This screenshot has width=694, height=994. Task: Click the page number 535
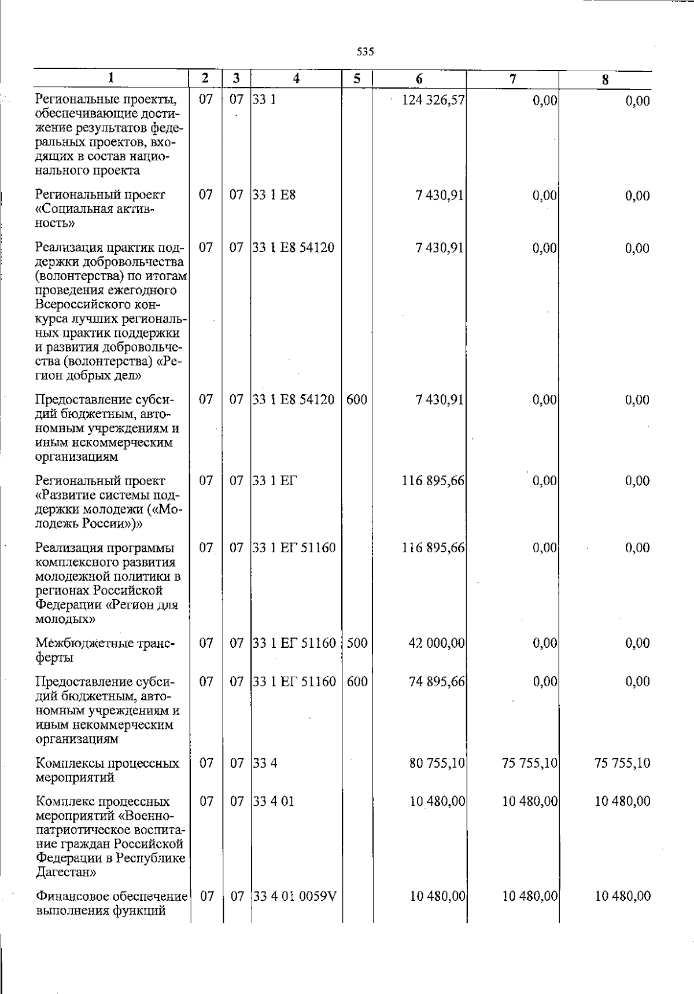click(x=365, y=52)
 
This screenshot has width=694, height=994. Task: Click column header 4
click(x=296, y=79)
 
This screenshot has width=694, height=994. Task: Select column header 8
click(x=605, y=80)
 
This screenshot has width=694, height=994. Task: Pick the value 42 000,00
click(x=437, y=643)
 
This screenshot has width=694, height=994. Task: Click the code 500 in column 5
click(x=357, y=643)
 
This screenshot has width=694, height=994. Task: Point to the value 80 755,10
click(x=437, y=763)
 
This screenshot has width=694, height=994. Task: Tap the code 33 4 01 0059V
click(x=295, y=897)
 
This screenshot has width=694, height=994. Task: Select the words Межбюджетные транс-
click(x=104, y=643)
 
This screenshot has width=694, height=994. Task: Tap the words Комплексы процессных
click(x=107, y=763)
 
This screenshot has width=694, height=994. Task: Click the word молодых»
click(x=65, y=619)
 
